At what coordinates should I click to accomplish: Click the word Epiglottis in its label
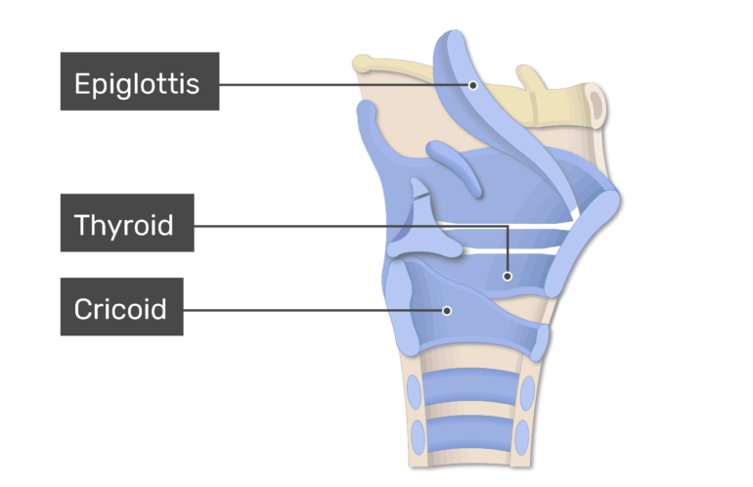[137, 84]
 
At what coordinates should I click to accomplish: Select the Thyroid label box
[127, 223]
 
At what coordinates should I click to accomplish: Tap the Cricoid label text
[120, 309]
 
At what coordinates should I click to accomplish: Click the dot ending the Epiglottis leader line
[473, 85]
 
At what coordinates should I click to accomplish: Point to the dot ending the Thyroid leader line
[508, 276]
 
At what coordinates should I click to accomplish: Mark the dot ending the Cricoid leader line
[447, 311]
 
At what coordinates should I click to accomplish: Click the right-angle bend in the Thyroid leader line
[508, 226]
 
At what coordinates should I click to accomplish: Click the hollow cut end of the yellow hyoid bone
[596, 105]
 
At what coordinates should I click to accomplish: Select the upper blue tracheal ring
[471, 387]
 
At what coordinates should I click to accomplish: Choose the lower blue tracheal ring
[469, 433]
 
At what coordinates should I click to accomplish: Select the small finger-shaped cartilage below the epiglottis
[454, 167]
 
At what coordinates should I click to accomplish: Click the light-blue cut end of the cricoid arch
[541, 342]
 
